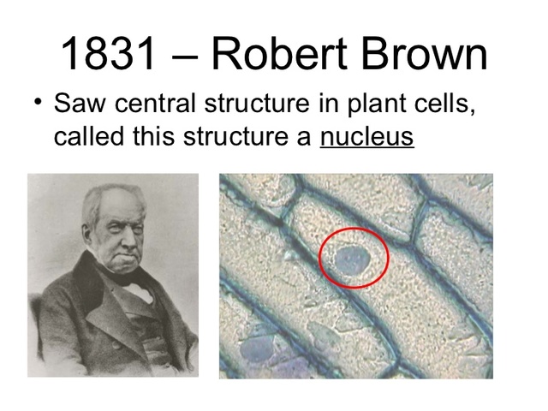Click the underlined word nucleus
(x=366, y=136)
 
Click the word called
(x=88, y=136)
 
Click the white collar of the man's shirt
(x=141, y=290)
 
